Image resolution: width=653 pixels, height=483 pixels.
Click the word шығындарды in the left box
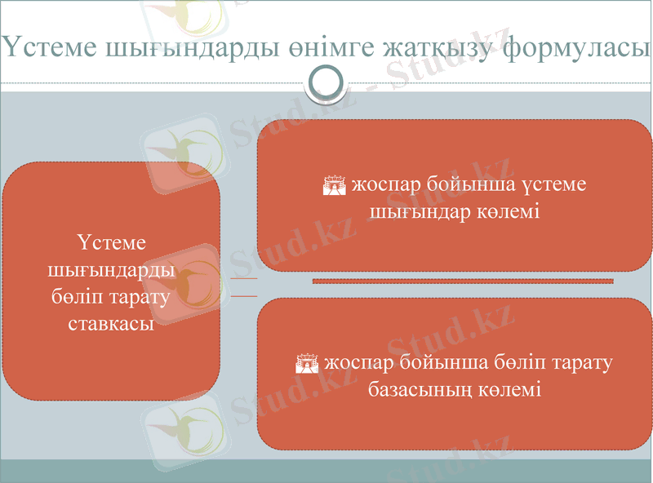coord(111,268)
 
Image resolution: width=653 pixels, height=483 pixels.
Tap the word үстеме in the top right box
coord(556,186)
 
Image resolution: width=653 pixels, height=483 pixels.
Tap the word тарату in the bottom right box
coord(579,361)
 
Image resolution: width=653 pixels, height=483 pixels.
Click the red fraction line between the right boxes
coord(462,281)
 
